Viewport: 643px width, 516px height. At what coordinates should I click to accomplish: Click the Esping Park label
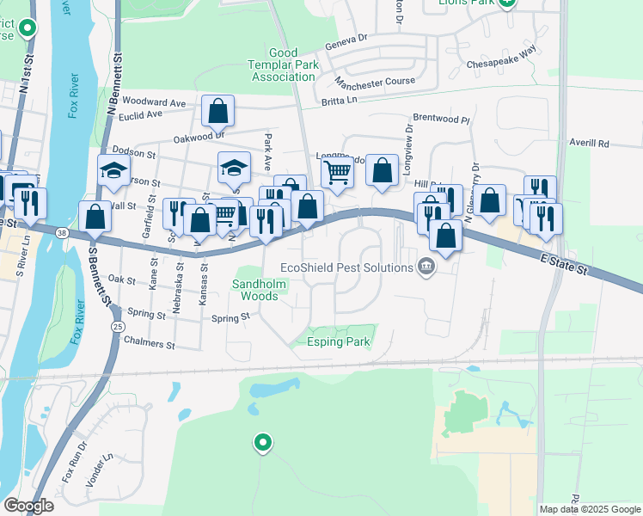[x=339, y=341]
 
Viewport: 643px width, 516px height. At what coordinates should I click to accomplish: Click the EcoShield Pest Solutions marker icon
[x=426, y=267]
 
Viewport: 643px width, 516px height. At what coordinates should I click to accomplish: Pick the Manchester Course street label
[x=375, y=83]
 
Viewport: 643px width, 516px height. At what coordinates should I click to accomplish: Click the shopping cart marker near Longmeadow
[x=337, y=170]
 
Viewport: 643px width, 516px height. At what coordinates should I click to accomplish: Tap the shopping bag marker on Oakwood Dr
[x=218, y=110]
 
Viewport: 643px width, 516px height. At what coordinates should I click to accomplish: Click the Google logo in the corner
[x=28, y=506]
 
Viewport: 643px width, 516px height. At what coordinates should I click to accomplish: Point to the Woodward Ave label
[x=154, y=102]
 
